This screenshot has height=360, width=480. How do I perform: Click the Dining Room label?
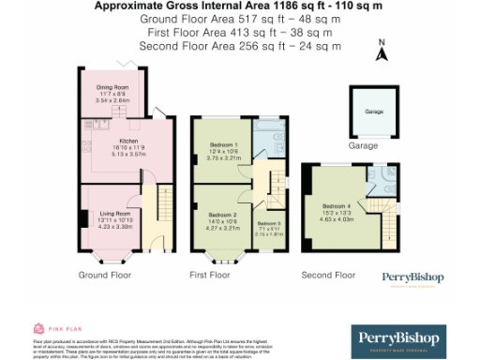point(112,87)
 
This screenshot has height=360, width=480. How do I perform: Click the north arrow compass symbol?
point(380,51)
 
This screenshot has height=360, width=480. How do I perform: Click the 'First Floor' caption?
point(210,276)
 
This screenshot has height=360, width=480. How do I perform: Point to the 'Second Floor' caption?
point(328,276)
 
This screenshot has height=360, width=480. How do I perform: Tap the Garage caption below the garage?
point(364,146)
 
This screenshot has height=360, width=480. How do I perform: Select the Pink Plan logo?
point(47,329)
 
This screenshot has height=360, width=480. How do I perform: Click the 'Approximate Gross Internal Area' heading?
point(239,6)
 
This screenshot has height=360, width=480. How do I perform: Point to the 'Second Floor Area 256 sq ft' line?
point(239,44)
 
